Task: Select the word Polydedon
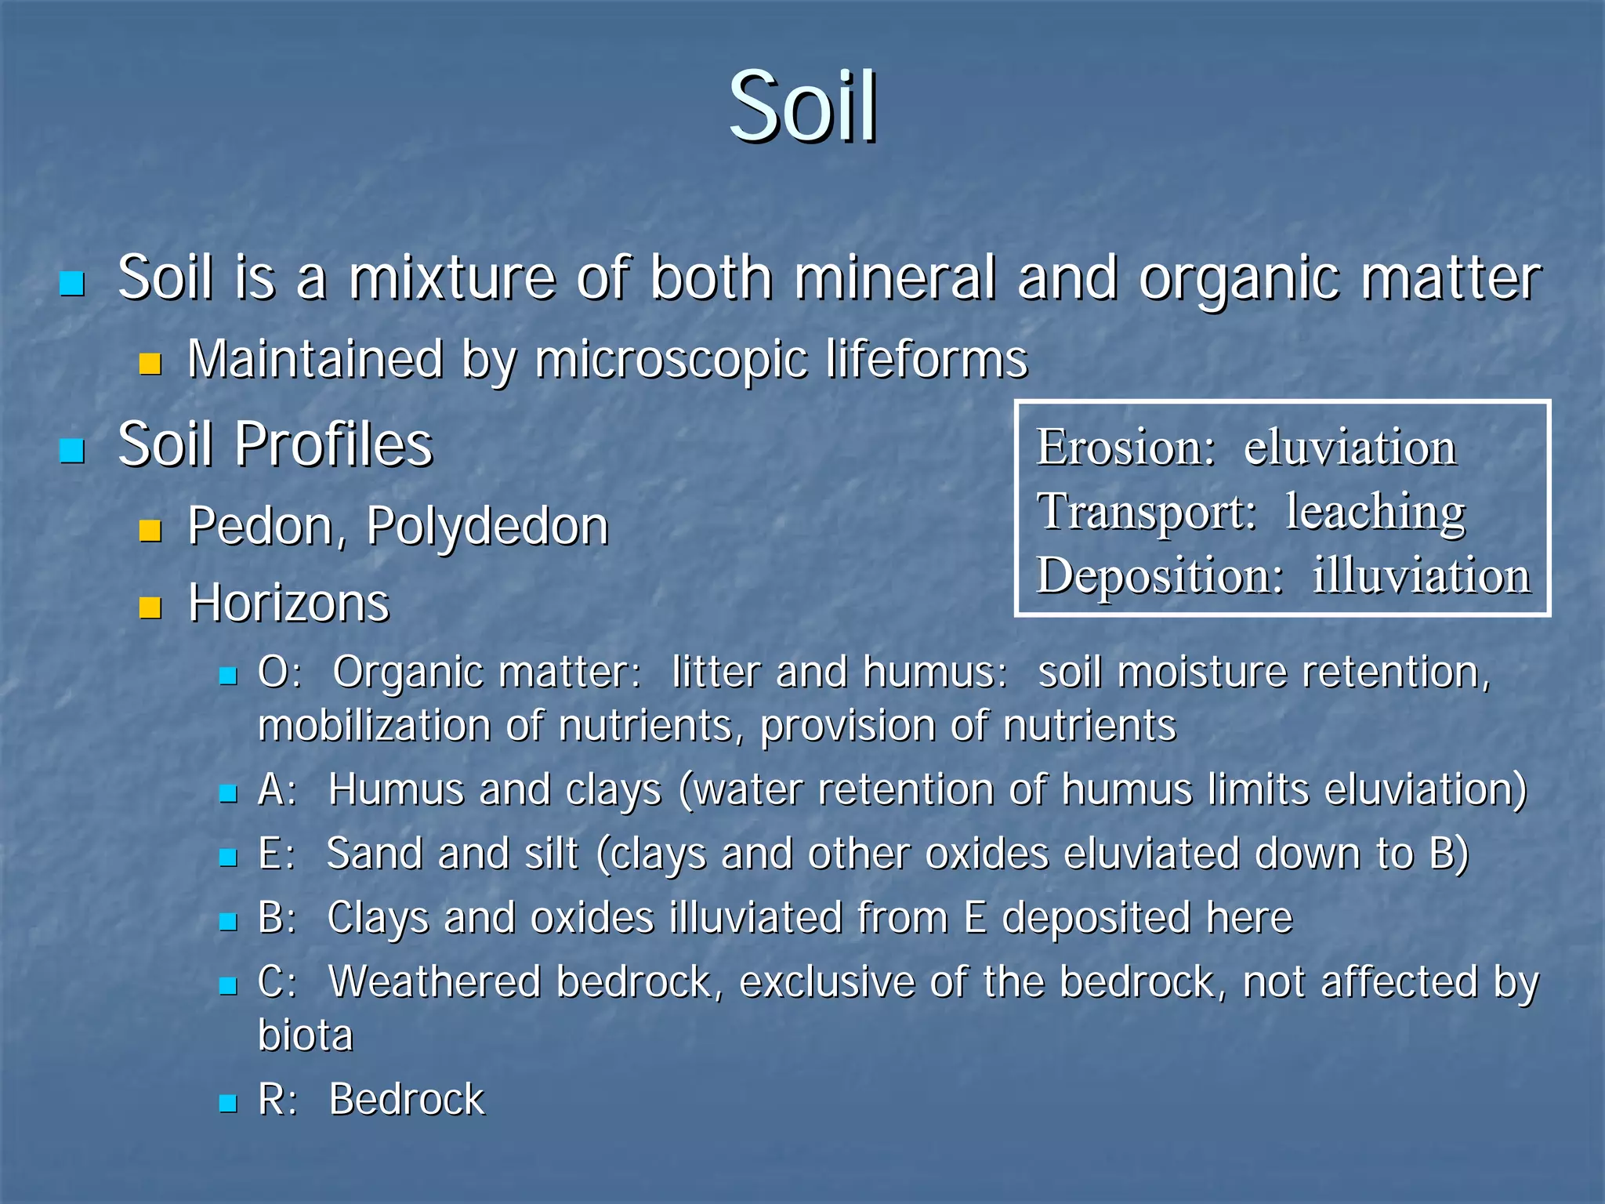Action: tap(487, 526)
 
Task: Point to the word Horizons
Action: tap(288, 603)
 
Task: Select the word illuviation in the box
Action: tap(1421, 575)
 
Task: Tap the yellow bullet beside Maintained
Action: tap(150, 363)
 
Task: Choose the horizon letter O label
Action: tap(274, 673)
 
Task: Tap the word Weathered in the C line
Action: tap(434, 981)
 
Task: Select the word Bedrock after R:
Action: tap(407, 1099)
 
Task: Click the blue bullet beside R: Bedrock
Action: tap(228, 1103)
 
